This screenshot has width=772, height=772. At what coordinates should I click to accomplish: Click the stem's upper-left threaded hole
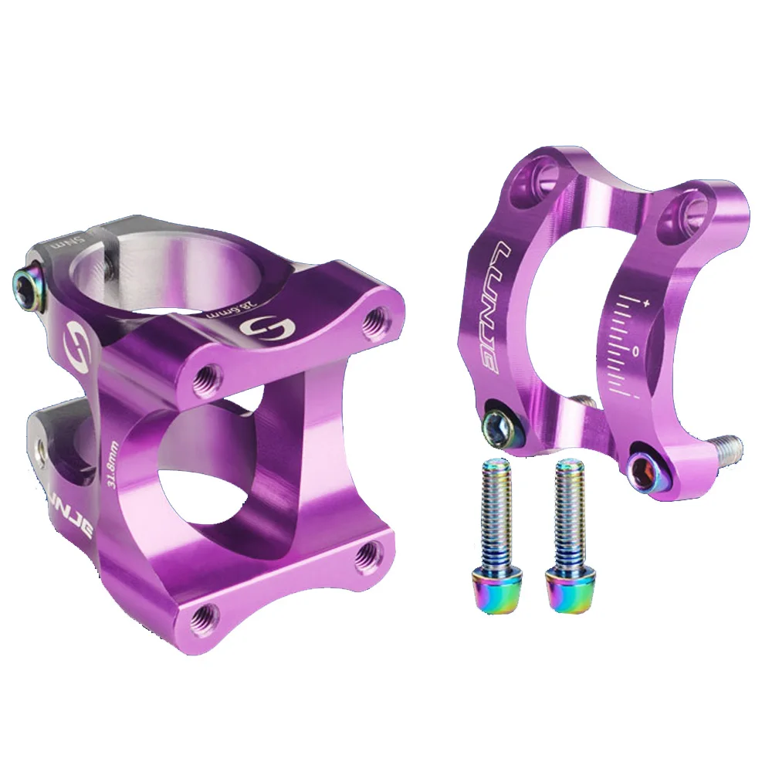click(207, 376)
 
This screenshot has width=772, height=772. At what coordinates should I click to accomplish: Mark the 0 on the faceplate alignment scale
click(635, 352)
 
